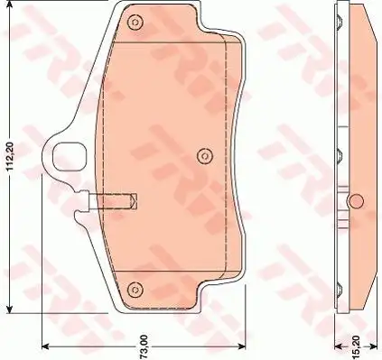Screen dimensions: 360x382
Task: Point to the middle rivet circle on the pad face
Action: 201,155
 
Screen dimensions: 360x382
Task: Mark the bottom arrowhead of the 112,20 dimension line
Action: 11,309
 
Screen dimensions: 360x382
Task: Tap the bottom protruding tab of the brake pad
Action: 163,293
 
